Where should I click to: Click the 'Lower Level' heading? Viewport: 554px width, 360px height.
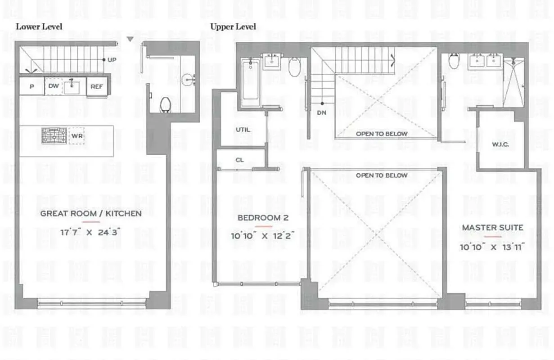coord(39,27)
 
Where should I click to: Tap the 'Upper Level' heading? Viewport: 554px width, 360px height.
coord(233,27)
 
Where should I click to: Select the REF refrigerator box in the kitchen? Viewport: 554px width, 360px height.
coord(97,86)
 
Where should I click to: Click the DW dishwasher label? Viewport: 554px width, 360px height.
coord(53,85)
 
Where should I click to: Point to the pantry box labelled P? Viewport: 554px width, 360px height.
coord(32,86)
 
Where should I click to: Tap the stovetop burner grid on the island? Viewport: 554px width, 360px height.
coord(54,135)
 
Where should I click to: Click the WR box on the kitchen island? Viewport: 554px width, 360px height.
coord(77,136)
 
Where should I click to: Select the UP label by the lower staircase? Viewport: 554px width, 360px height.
coord(112,59)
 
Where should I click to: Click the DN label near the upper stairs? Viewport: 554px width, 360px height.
coord(321,112)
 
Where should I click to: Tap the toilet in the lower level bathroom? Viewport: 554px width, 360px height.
coord(166,104)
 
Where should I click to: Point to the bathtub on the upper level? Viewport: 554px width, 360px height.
coord(250,83)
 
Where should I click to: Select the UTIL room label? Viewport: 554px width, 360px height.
coord(243,130)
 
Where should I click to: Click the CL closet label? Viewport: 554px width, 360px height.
coord(239,160)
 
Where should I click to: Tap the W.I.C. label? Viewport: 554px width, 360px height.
coord(500,145)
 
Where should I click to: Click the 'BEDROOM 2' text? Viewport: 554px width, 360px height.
coord(263,218)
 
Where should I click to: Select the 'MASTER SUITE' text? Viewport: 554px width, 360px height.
coord(492,228)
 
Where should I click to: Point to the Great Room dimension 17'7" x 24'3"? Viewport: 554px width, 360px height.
coord(91,233)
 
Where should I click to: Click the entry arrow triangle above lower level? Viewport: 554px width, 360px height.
coord(130,40)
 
